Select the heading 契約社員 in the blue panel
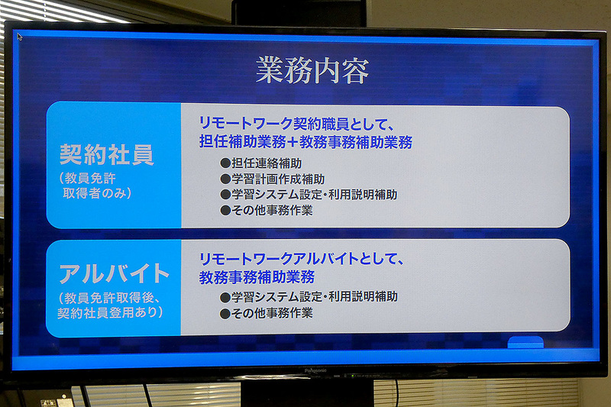point(106,154)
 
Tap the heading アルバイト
point(114,273)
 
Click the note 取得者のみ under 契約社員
point(97,192)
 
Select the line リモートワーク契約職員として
point(295,123)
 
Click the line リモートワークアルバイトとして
point(301,258)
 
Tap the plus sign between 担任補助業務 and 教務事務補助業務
point(293,142)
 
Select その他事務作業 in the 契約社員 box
point(266,210)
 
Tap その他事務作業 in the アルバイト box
point(266,312)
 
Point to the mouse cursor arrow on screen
point(20,35)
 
